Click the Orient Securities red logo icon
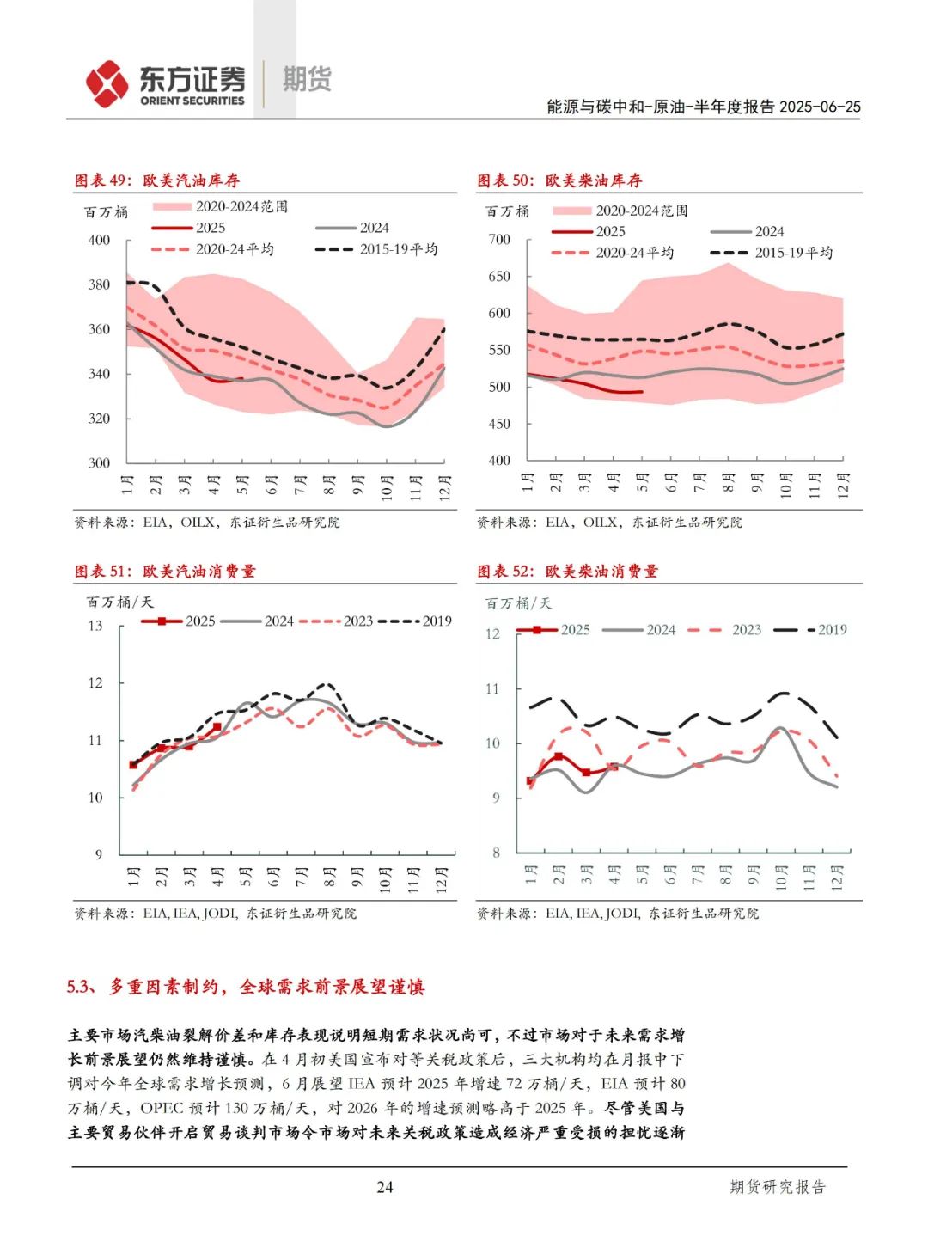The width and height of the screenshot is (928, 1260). pyautogui.click(x=107, y=84)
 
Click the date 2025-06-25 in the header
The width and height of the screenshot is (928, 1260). pyautogui.click(x=820, y=107)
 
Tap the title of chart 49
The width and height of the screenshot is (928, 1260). pyautogui.click(x=157, y=180)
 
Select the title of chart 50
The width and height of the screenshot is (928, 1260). pyautogui.click(x=559, y=180)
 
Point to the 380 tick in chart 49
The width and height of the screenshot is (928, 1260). pyautogui.click(x=100, y=284)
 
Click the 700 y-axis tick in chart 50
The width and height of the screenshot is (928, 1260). pyautogui.click(x=499, y=239)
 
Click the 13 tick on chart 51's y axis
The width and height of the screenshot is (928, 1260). pyautogui.click(x=95, y=626)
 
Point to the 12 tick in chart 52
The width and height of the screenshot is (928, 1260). pyautogui.click(x=492, y=634)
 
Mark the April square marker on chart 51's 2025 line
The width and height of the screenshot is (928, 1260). pyautogui.click(x=217, y=727)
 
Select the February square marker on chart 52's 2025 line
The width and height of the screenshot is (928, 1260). pyautogui.click(x=559, y=756)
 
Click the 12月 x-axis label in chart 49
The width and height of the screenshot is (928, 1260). pyautogui.click(x=444, y=486)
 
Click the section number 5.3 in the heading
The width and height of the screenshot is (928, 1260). pyautogui.click(x=82, y=987)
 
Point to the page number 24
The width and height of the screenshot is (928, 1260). pyautogui.click(x=384, y=1187)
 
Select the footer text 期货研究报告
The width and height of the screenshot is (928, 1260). pyautogui.click(x=777, y=1187)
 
